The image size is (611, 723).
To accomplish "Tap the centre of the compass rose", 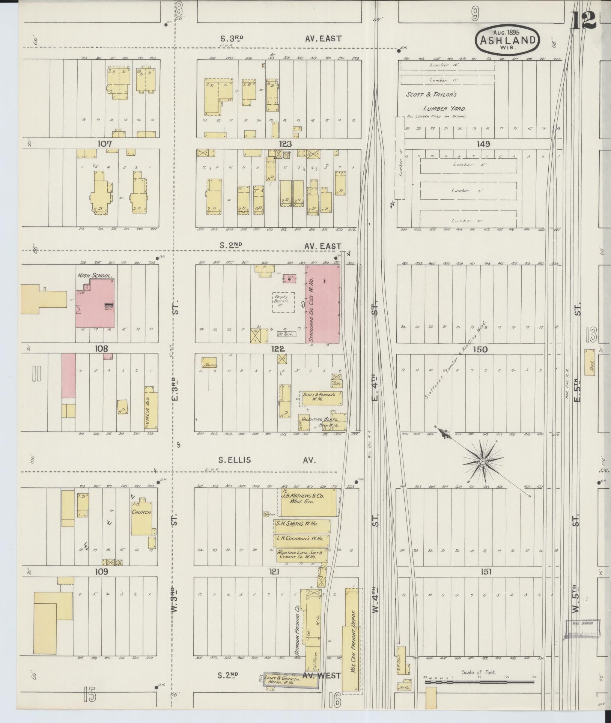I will coord(483,460).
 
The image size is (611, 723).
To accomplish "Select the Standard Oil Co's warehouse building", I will coord(323,304).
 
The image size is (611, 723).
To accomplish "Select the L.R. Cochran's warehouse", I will coord(301,541).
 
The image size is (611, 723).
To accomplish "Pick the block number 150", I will coord(480,350).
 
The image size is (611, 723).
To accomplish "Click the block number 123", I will coord(285,144).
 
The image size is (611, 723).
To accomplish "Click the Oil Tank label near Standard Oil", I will coord(286,334).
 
